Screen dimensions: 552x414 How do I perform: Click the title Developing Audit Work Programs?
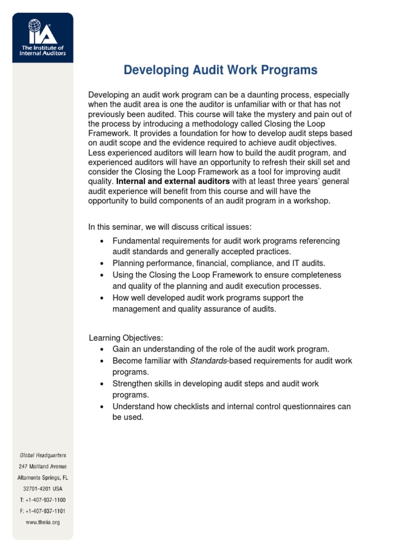click(x=220, y=70)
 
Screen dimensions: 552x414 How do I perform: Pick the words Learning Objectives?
click(x=126, y=338)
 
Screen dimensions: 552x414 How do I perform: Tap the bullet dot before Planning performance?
click(x=102, y=264)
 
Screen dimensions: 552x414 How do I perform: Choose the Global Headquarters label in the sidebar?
click(x=42, y=456)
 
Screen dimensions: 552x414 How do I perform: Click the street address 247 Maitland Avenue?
click(x=43, y=466)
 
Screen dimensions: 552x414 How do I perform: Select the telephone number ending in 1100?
click(x=43, y=500)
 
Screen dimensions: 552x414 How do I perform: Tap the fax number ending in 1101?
click(x=43, y=510)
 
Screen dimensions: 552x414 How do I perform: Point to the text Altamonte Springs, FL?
click(x=43, y=478)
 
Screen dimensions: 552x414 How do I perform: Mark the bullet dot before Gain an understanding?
click(x=102, y=349)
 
